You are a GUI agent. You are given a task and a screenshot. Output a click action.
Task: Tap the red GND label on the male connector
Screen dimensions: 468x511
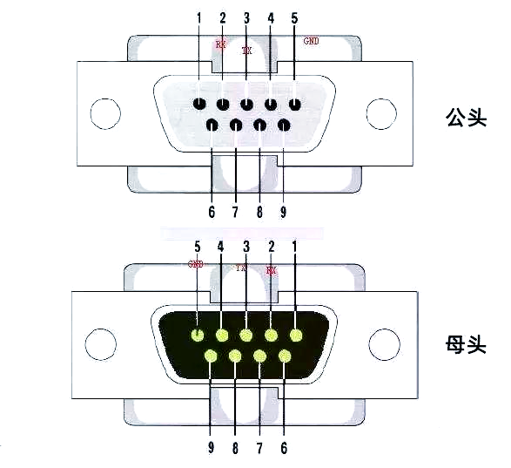pyautogui.click(x=311, y=41)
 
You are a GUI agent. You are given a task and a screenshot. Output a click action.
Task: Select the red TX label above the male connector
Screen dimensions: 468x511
pyautogui.click(x=246, y=51)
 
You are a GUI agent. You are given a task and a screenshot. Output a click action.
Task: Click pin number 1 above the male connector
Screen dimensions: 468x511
pyautogui.click(x=198, y=17)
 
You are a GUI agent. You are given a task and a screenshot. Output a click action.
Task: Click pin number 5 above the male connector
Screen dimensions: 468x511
pyautogui.click(x=294, y=17)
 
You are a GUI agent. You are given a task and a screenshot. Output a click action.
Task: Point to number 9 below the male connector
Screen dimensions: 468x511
pyautogui.click(x=283, y=212)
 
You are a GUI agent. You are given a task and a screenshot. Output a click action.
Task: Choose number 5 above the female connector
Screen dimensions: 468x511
pyautogui.click(x=198, y=247)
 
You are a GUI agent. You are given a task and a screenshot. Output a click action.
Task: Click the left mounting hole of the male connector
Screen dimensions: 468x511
pyautogui.click(x=104, y=114)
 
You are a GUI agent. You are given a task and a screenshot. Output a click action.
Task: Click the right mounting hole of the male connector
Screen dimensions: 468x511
pyautogui.click(x=380, y=114)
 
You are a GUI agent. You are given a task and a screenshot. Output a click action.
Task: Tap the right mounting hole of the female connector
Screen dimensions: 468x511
pyautogui.click(x=381, y=344)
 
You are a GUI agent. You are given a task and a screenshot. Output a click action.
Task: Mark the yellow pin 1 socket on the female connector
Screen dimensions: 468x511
pyautogui.click(x=296, y=336)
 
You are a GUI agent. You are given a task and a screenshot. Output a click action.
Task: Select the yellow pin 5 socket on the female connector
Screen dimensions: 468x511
pyautogui.click(x=198, y=336)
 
